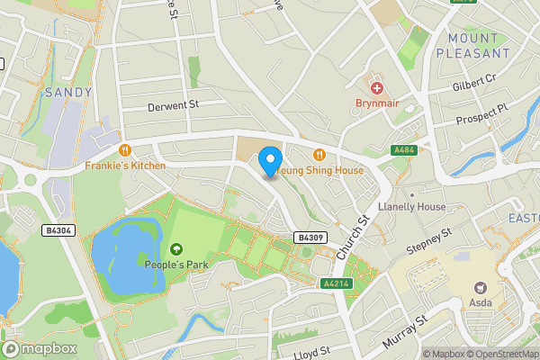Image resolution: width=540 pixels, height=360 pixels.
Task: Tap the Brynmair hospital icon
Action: click(376, 88)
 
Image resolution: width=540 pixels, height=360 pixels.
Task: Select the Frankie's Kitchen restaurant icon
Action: click(125, 150)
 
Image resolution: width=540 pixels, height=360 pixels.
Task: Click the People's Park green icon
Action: click(175, 248)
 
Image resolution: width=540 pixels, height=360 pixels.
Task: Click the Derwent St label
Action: click(173, 106)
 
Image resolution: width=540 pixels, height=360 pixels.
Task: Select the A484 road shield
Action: click(403, 150)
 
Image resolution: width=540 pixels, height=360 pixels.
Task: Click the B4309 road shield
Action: click(310, 238)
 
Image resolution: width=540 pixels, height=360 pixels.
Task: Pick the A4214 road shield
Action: click(335, 283)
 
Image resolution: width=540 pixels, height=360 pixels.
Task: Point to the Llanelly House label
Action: click(412, 207)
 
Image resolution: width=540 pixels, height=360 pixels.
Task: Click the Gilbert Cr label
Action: click(474, 84)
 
